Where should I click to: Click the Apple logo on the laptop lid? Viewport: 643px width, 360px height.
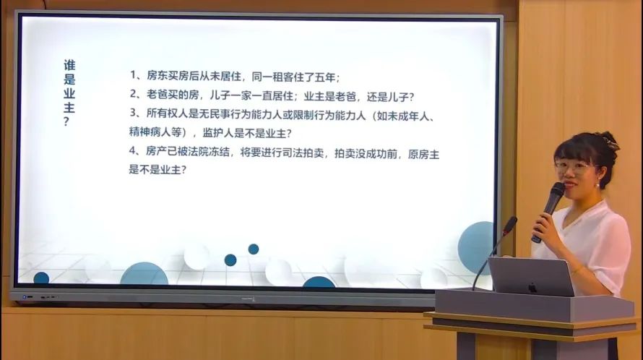click(532, 288)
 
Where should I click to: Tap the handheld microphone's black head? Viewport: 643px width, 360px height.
click(558, 192)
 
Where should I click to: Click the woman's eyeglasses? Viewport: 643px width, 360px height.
click(572, 168)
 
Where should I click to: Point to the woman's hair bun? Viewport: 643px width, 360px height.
click(609, 140)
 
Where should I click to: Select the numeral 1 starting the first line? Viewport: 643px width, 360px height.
click(133, 75)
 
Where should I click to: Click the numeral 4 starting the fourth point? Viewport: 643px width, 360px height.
click(132, 150)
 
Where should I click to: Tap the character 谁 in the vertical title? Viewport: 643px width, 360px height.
click(69, 65)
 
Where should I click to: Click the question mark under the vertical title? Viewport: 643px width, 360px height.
click(67, 122)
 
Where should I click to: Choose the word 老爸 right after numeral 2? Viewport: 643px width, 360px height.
click(157, 95)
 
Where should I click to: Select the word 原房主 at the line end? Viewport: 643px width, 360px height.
click(423, 155)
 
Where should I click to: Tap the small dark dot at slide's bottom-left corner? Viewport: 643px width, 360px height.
click(41, 278)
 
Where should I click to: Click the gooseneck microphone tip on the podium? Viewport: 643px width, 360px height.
click(510, 225)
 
